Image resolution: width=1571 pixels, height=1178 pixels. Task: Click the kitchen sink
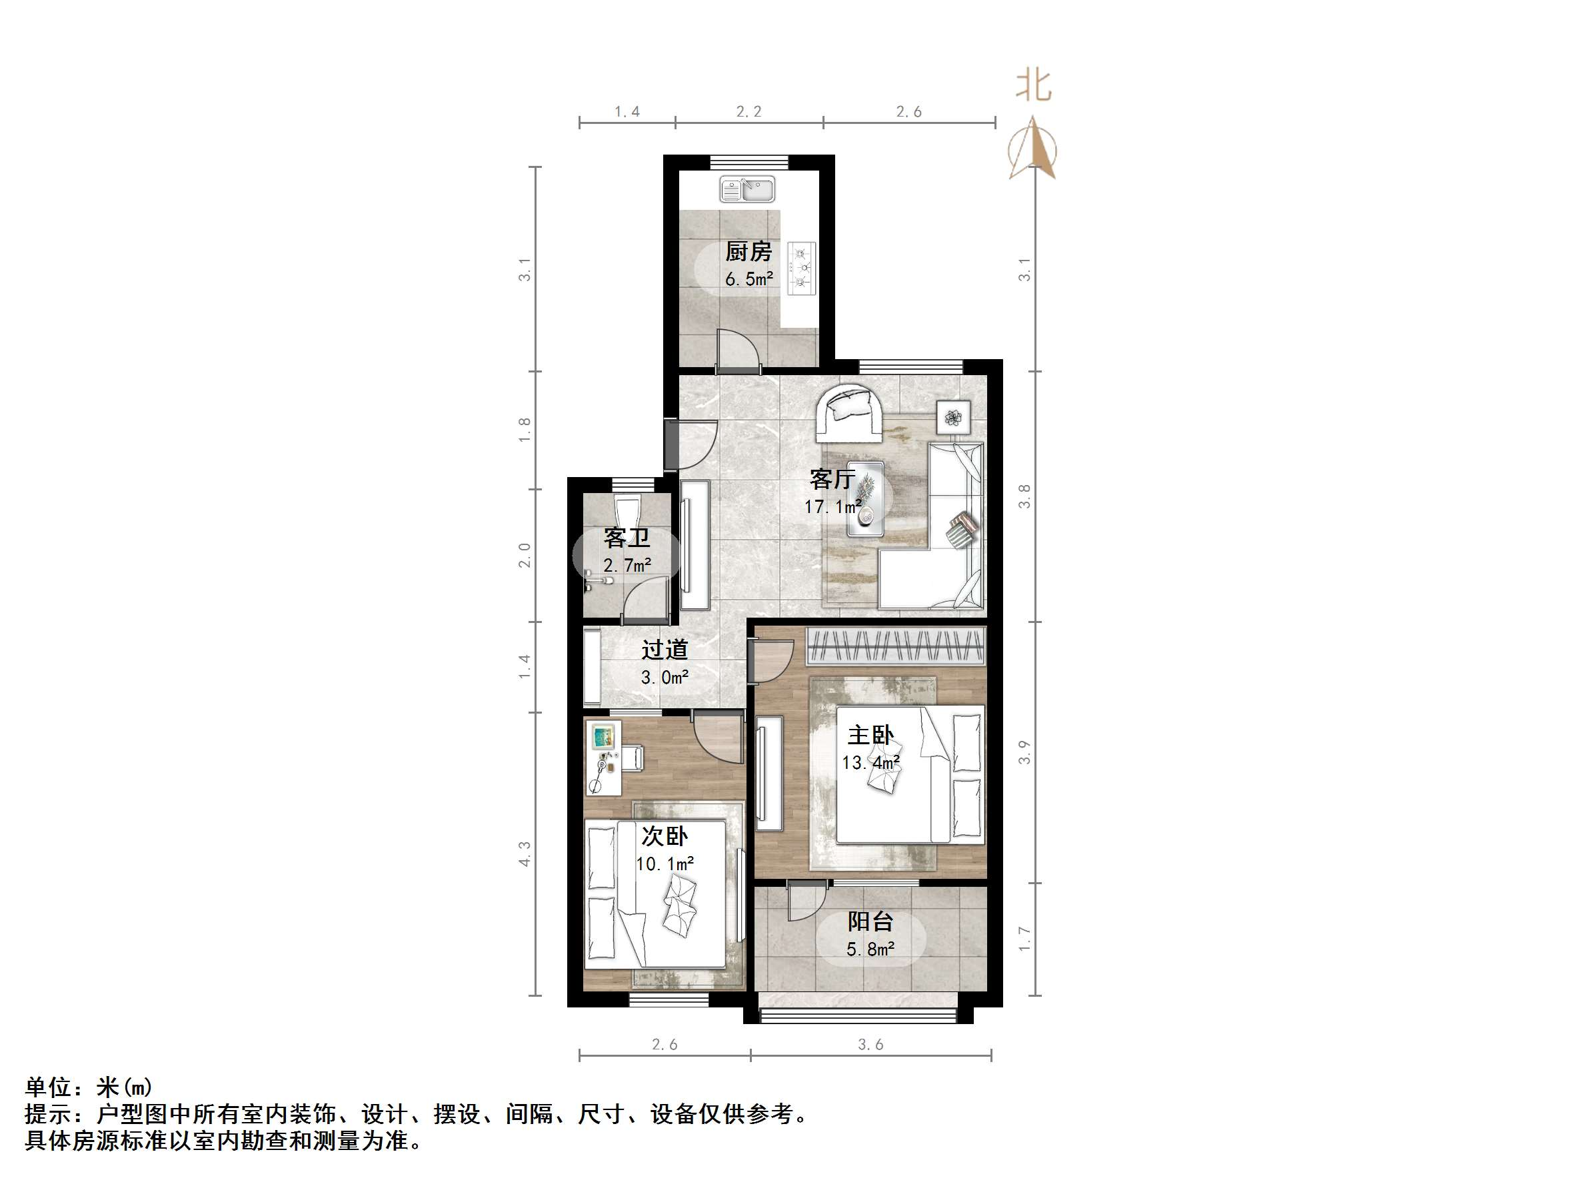tap(747, 190)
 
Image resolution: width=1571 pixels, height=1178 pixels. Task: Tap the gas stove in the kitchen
tap(802, 269)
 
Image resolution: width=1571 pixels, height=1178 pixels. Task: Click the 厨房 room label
tap(749, 251)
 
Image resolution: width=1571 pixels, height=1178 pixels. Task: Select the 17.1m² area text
tap(832, 507)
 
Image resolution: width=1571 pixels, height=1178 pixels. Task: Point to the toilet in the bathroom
tap(627, 511)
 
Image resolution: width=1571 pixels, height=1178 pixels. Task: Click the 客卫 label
tap(627, 538)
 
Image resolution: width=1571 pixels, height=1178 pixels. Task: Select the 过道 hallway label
tap(665, 650)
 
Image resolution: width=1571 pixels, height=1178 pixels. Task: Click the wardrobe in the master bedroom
tap(896, 647)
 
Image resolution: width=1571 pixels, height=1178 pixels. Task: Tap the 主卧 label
tap(870, 735)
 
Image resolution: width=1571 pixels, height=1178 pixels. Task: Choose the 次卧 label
tap(665, 836)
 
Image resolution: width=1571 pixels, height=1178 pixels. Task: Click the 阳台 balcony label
tap(870, 921)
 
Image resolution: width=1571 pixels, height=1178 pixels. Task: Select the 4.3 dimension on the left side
tap(525, 854)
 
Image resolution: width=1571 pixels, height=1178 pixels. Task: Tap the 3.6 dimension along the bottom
tap(870, 1045)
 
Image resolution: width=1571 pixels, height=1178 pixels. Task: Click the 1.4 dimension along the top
tap(627, 111)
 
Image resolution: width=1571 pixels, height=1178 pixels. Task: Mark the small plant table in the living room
tap(953, 418)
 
